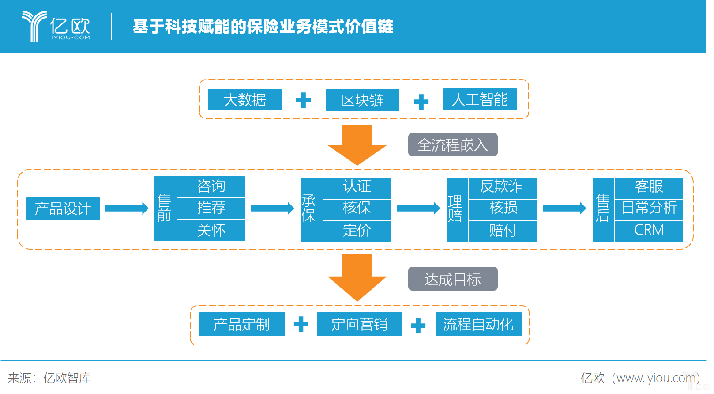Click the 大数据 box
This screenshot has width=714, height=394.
(x=244, y=100)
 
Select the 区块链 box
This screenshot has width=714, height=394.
(x=362, y=100)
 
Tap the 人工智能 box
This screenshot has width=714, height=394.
(x=480, y=99)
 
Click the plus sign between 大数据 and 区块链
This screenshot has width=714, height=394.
(x=303, y=100)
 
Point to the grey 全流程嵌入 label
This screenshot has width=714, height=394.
(x=452, y=145)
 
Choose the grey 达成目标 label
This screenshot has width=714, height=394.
(x=452, y=279)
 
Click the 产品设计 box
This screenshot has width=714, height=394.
(x=63, y=208)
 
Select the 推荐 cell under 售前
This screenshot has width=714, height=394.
(x=211, y=208)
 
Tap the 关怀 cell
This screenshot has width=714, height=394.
(x=211, y=230)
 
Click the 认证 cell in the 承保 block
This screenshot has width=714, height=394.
(x=357, y=186)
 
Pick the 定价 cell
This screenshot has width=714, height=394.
(x=357, y=231)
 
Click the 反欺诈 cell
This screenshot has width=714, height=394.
(x=502, y=186)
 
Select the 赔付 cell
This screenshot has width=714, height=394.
(x=502, y=231)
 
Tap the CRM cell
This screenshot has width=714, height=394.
(x=649, y=230)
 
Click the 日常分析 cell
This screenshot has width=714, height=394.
(x=649, y=208)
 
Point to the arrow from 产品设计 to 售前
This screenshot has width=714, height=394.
(x=127, y=208)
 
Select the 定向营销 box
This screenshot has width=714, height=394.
(x=359, y=325)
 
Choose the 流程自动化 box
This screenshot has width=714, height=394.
(x=478, y=325)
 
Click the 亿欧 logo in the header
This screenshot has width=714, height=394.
(x=56, y=27)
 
